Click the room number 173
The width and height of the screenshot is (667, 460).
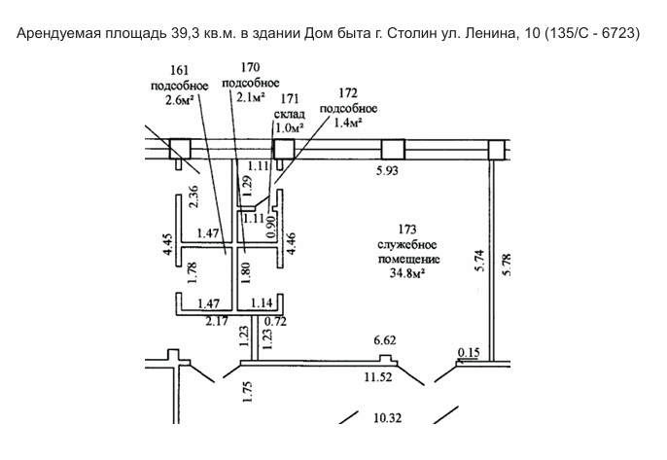407,230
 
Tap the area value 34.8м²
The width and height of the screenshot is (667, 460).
408,272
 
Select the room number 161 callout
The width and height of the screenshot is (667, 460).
179,70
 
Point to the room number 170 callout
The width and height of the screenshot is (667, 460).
250,67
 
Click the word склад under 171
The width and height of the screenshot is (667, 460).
290,114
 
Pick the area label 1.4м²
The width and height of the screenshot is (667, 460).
348,123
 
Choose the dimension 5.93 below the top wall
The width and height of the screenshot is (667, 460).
387,170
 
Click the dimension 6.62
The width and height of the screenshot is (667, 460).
385,340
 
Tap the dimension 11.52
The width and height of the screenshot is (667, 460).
378,377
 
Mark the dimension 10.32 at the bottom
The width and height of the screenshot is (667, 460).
388,418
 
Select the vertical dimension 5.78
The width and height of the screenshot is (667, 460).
507,265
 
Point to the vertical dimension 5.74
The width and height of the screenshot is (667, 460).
479,261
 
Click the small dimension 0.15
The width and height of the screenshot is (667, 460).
469,352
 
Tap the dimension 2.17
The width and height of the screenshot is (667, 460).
217,321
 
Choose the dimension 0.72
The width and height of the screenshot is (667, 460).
275,321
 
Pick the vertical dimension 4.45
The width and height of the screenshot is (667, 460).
167,244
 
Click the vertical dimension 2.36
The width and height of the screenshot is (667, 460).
193,195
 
